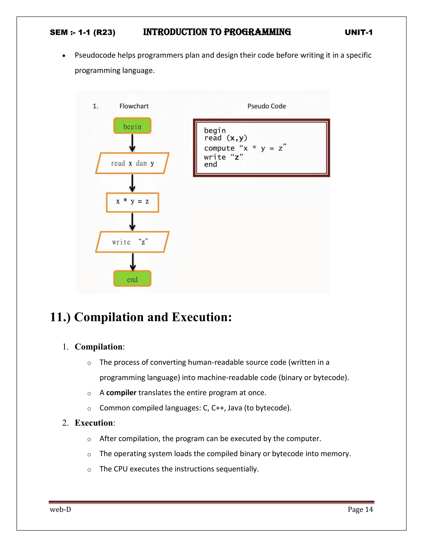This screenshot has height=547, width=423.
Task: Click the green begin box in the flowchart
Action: pyautogui.click(x=132, y=126)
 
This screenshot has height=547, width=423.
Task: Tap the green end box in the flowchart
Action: pyautogui.click(x=132, y=278)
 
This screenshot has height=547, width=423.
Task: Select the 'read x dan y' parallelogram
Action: pyautogui.click(x=132, y=163)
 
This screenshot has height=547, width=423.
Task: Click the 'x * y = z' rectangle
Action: pyautogui.click(x=132, y=202)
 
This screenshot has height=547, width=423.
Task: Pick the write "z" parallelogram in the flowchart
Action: pyautogui.click(x=132, y=242)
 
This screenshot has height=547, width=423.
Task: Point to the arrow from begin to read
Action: pyautogui.click(x=132, y=143)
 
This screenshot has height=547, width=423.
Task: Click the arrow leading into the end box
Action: pyautogui.click(x=133, y=262)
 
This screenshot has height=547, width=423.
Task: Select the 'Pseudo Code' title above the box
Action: pyautogui.click(x=267, y=106)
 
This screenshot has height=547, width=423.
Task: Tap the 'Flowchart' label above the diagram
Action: pyautogui.click(x=134, y=106)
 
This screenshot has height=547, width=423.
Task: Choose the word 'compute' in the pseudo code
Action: pyautogui.click(x=219, y=148)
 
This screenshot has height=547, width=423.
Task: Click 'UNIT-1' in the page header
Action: pyautogui.click(x=359, y=32)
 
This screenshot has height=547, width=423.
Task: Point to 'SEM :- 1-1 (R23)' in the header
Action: pyautogui.click(x=82, y=33)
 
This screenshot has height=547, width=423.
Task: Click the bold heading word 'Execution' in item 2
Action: pyautogui.click(x=94, y=423)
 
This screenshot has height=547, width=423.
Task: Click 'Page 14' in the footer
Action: pyautogui.click(x=360, y=509)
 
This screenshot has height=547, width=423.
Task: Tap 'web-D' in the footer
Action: pyautogui.click(x=60, y=509)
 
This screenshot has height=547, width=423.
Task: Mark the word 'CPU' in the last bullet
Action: pyautogui.click(x=121, y=469)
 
